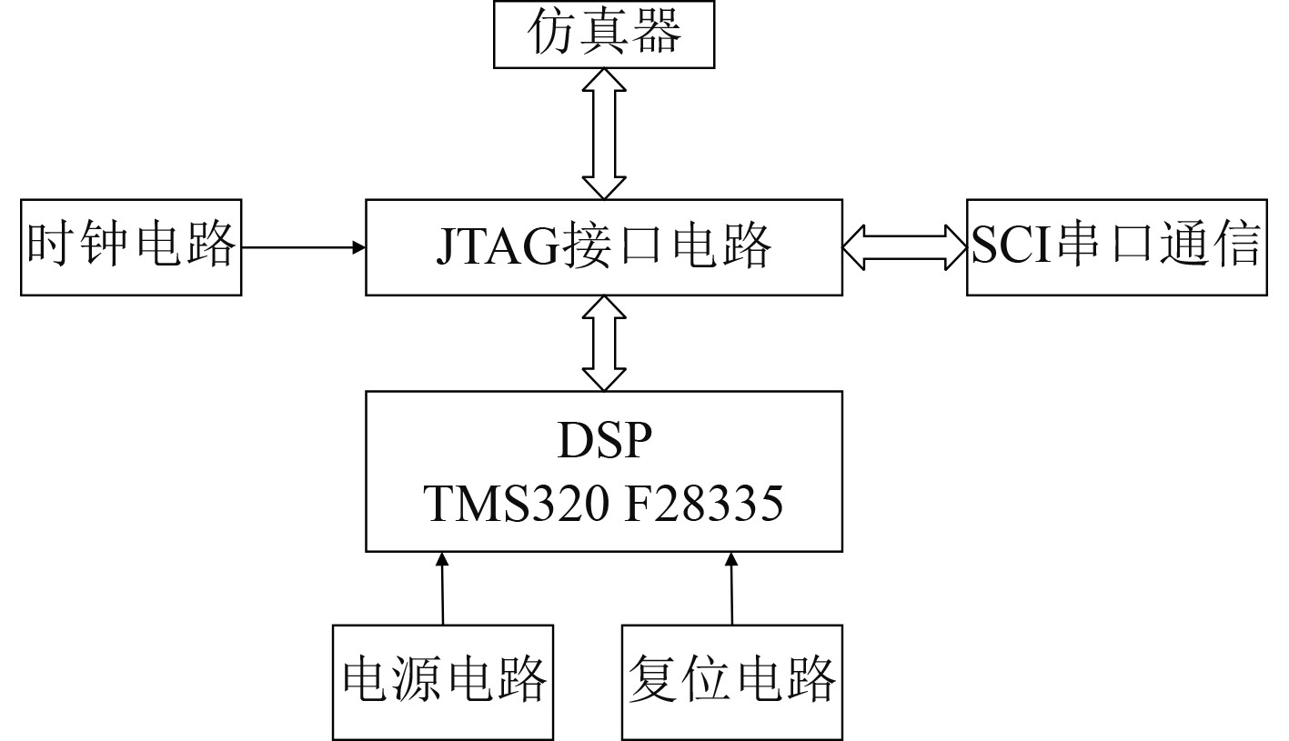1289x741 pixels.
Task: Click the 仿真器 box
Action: pyautogui.click(x=603, y=35)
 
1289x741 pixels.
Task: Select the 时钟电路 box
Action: pyautogui.click(x=131, y=247)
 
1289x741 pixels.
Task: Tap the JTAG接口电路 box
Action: pyautogui.click(x=603, y=247)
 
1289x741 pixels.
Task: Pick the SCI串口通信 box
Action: pyautogui.click(x=1115, y=247)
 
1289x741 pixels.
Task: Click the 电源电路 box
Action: pyautogui.click(x=443, y=681)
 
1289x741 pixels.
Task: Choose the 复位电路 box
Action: pyautogui.click(x=732, y=681)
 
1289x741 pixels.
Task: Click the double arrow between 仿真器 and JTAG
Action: pyautogui.click(x=603, y=134)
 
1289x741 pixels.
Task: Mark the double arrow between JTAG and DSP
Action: pyautogui.click(x=603, y=343)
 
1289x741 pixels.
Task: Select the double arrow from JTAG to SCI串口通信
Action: pyautogui.click(x=904, y=247)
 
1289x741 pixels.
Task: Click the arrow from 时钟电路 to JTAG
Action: pyautogui.click(x=303, y=246)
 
